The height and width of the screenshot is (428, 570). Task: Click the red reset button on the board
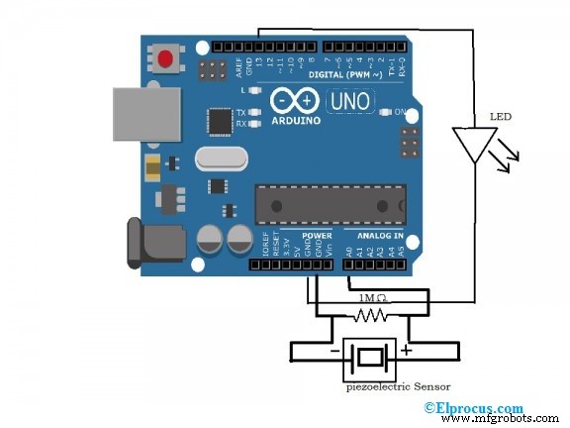[x=164, y=59]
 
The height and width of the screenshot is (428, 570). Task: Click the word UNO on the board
[x=349, y=102]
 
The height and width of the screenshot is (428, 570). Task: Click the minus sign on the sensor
[x=335, y=351]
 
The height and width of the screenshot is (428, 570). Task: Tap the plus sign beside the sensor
[x=406, y=350]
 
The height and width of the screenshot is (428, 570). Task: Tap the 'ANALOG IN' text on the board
[x=380, y=237]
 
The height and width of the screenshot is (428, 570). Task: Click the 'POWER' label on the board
[x=317, y=237]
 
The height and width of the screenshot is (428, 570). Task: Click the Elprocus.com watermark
[x=474, y=407]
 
